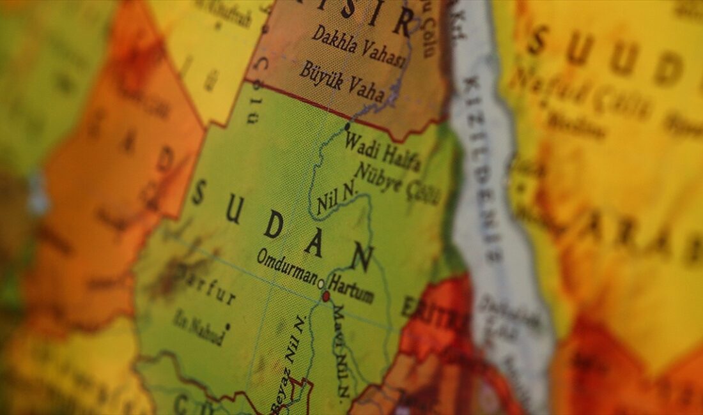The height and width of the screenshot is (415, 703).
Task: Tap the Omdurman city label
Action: click(x=287, y=267)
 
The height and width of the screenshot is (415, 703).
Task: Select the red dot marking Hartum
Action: click(x=326, y=296)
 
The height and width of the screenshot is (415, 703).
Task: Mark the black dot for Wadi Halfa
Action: click(x=347, y=126)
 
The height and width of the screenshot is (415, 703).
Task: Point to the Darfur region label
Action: click(x=211, y=287)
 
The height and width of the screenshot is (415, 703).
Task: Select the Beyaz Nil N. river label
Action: click(x=289, y=361)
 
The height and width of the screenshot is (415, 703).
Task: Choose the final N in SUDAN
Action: click(x=361, y=257)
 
